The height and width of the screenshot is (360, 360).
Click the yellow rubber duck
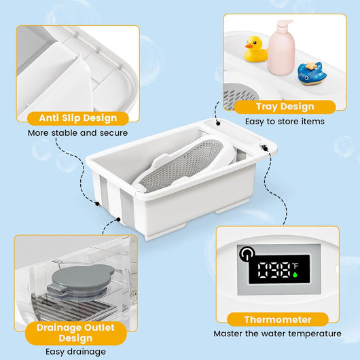point(255,49)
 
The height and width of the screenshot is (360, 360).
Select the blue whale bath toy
point(311,73)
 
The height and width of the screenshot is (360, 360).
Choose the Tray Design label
point(285,107)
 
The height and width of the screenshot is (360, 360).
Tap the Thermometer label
point(278,319)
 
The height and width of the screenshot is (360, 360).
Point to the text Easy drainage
point(76,351)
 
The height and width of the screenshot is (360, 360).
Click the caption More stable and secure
point(77,132)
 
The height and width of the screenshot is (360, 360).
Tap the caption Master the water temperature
point(277,334)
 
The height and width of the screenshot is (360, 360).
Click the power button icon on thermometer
point(245,253)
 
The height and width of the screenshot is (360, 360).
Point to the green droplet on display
point(295,274)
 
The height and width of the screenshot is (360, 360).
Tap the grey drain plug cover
point(75,281)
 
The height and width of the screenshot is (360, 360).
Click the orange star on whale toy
point(313,66)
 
